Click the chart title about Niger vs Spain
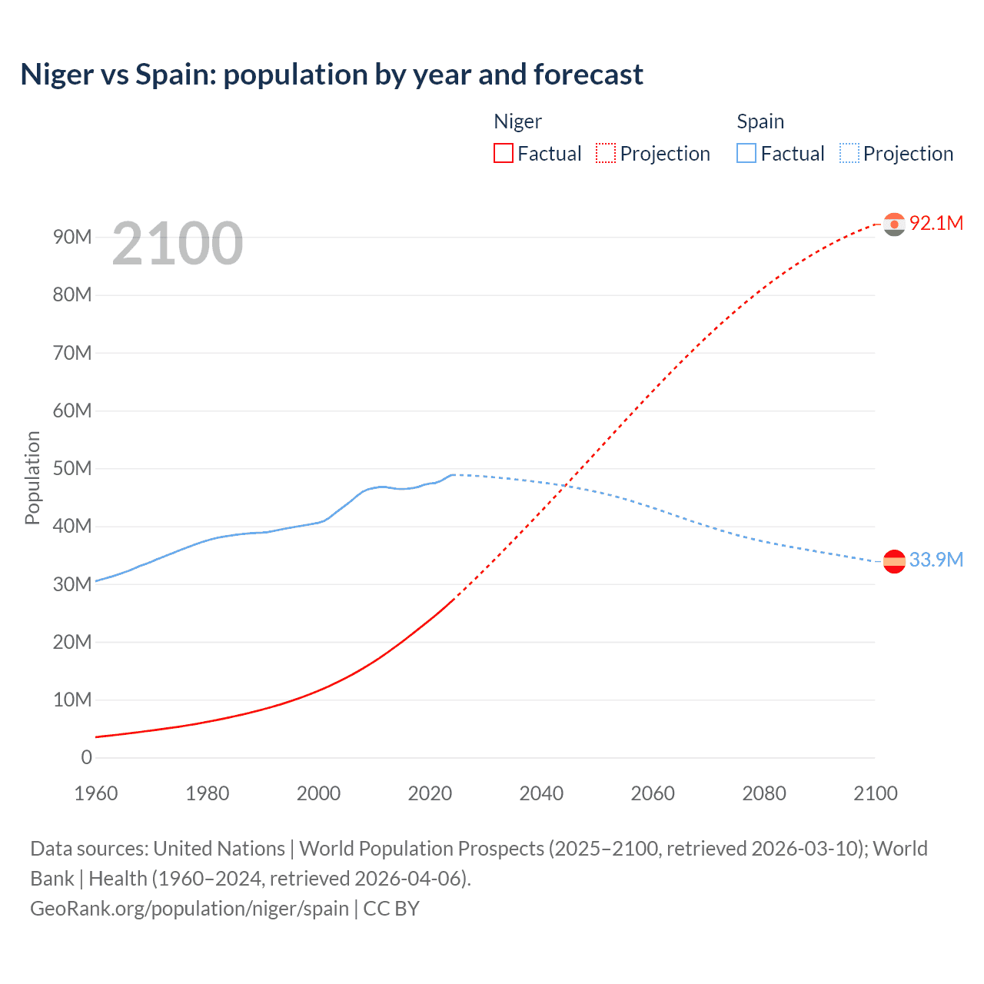(331, 75)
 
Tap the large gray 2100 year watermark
(178, 244)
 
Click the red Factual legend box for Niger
(504, 153)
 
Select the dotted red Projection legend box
(606, 153)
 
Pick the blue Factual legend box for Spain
(746, 153)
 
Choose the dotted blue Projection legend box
(849, 153)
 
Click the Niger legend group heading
(517, 121)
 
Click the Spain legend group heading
(760, 121)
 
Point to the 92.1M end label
(936, 223)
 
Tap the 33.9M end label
(936, 560)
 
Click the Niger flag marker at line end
(894, 224)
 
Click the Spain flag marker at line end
(894, 561)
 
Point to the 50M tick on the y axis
(72, 468)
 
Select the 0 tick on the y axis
(86, 757)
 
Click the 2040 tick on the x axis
(541, 793)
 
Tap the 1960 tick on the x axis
(96, 793)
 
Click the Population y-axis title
(32, 477)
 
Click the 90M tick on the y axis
(72, 237)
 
